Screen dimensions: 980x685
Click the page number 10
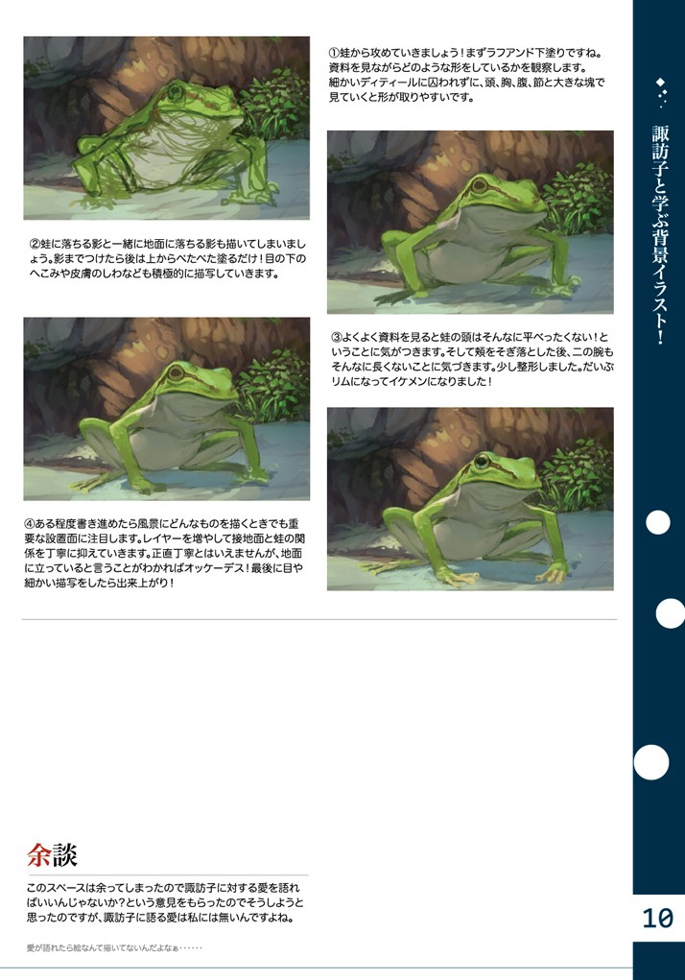click(658, 919)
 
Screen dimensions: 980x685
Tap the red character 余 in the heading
click(38, 854)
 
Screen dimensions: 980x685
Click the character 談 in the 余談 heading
click(64, 854)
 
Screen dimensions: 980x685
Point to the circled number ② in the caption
click(34, 243)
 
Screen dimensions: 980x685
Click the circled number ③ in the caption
click(336, 338)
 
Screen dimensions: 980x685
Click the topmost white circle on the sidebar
click(658, 522)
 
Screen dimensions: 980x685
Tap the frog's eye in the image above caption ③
click(478, 187)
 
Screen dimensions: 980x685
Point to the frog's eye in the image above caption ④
click(176, 370)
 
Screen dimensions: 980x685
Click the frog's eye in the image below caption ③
click(480, 462)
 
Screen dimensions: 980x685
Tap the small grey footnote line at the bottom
click(114, 948)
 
